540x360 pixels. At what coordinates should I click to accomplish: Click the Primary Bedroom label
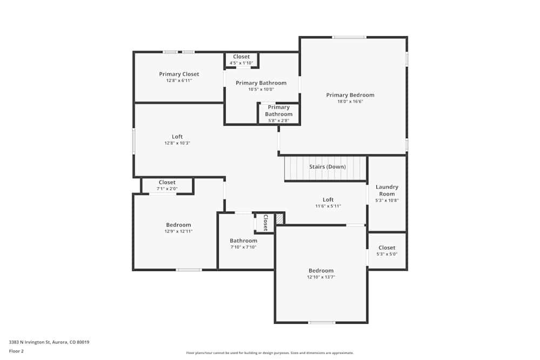(x=350, y=95)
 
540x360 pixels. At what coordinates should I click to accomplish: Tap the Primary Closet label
(x=179, y=74)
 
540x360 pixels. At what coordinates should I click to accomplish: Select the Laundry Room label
(x=387, y=190)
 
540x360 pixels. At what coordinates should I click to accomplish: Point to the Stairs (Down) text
(x=327, y=167)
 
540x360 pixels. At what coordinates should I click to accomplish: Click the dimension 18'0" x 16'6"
(x=350, y=101)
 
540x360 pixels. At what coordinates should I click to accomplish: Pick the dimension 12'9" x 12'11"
(x=178, y=231)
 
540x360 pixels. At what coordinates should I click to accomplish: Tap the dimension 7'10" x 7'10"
(x=243, y=247)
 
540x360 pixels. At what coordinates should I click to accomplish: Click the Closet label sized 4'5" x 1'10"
(x=241, y=57)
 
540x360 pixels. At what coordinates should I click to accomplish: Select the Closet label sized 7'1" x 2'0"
(x=167, y=182)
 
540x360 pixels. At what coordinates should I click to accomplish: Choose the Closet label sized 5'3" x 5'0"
(x=387, y=248)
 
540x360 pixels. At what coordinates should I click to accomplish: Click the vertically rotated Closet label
(x=265, y=223)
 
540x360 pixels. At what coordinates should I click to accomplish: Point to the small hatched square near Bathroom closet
(x=279, y=219)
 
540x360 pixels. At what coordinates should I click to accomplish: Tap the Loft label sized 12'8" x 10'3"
(x=177, y=137)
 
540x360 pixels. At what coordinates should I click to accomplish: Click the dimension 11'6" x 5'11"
(x=328, y=206)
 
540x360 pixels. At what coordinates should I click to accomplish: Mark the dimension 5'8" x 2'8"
(x=279, y=120)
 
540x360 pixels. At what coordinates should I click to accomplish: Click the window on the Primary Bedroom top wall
(x=348, y=37)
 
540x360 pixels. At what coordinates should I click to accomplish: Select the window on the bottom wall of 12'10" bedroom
(x=321, y=323)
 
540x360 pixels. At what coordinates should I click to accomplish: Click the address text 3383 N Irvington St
(x=49, y=342)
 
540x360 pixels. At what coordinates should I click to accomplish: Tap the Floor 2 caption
(x=16, y=351)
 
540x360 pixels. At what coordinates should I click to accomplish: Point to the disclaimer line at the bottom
(x=271, y=352)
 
